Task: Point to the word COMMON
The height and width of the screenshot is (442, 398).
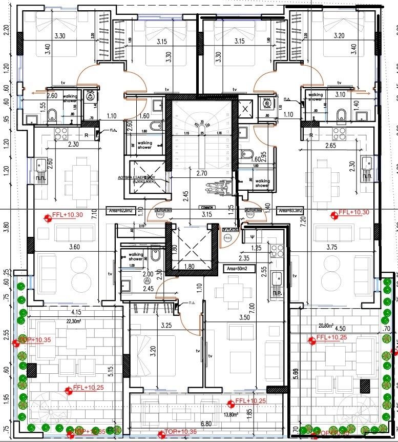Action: point(207,208)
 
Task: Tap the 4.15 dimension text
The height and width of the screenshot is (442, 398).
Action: point(77,312)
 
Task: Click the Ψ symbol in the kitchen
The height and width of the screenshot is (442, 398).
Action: point(253,236)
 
